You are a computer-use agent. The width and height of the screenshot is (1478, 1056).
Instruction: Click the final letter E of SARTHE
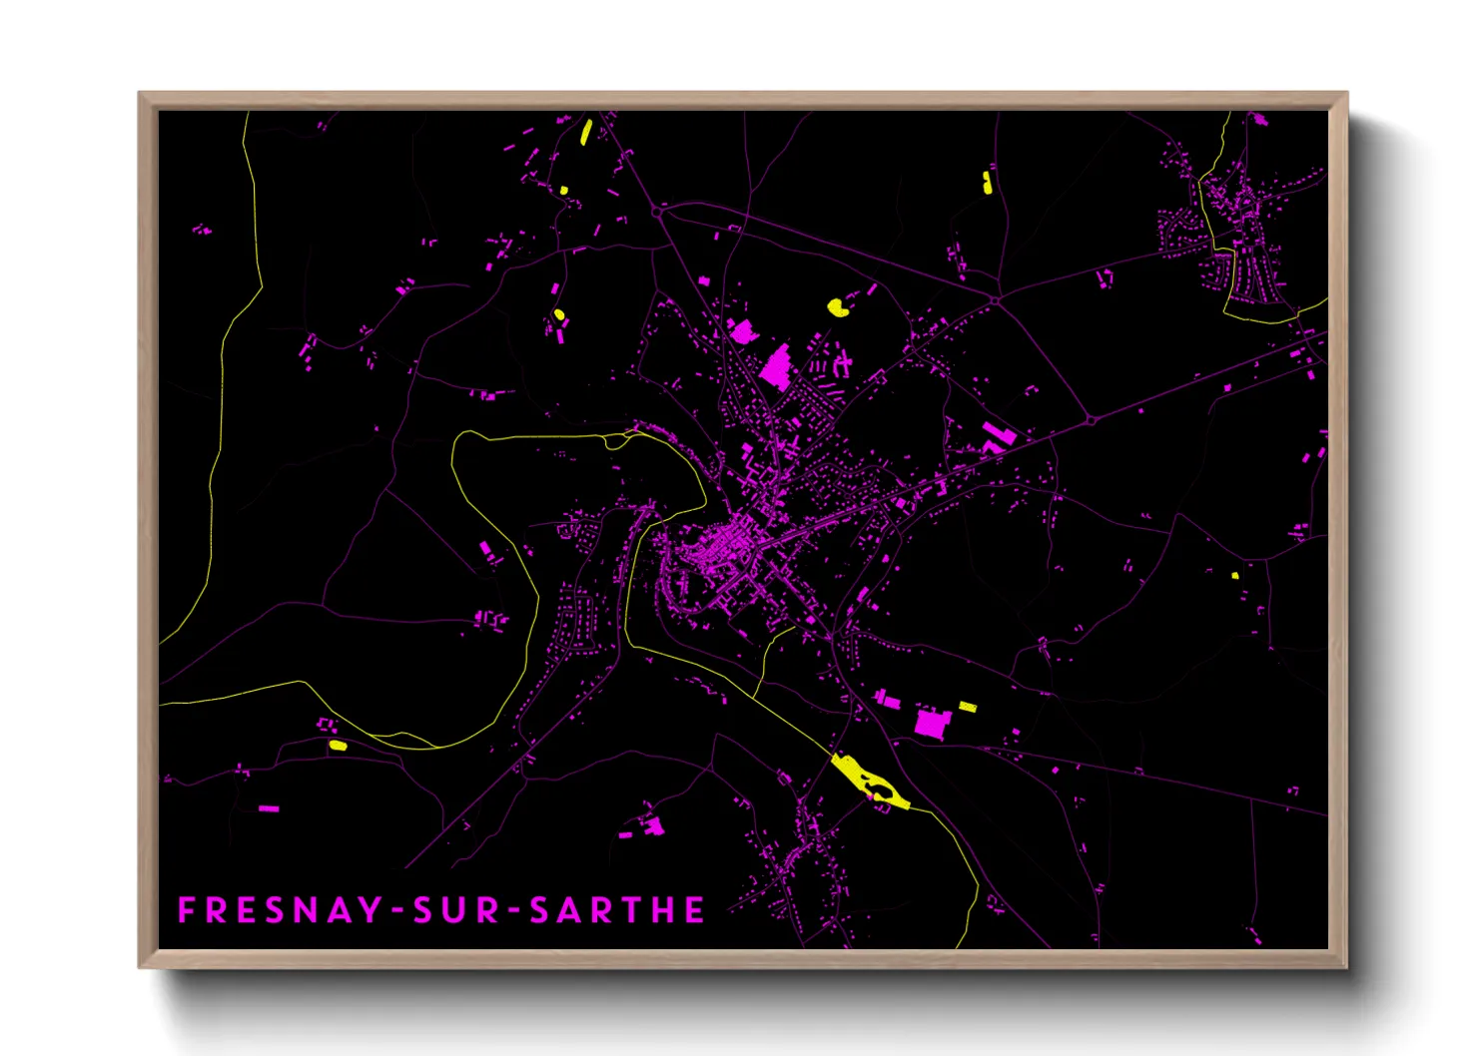695,910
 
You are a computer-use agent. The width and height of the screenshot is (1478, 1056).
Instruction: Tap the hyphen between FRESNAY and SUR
398,911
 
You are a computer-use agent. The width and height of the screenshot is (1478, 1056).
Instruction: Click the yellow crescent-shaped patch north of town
838,306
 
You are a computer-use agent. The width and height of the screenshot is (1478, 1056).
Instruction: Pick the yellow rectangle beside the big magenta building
967,707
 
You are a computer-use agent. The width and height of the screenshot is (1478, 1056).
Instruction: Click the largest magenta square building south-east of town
931,724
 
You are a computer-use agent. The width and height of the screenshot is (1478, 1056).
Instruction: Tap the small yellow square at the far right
1235,575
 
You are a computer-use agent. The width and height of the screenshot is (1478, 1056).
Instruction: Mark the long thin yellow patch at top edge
586,132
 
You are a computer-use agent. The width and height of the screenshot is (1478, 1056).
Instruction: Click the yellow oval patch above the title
338,745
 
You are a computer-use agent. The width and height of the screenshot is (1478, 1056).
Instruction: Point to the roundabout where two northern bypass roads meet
997,298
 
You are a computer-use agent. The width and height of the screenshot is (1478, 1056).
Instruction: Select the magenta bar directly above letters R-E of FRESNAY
268,807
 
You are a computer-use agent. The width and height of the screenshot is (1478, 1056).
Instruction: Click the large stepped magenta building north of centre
776,366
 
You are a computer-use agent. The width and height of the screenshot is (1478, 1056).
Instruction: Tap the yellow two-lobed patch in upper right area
987,182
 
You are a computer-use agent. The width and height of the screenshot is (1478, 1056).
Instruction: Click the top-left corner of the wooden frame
140,94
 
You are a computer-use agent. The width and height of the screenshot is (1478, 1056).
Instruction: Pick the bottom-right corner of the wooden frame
1346,966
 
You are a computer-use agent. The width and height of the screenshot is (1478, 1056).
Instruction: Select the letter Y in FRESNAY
369,910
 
